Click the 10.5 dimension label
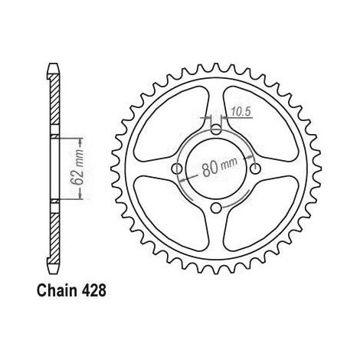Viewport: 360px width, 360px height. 242,112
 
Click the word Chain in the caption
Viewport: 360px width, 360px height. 57,290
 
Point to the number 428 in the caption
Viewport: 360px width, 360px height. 93,290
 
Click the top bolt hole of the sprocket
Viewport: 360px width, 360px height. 216,129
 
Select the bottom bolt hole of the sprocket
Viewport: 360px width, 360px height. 216,208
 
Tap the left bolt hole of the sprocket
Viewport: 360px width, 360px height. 177,169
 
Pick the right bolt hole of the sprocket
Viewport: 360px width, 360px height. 256,169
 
